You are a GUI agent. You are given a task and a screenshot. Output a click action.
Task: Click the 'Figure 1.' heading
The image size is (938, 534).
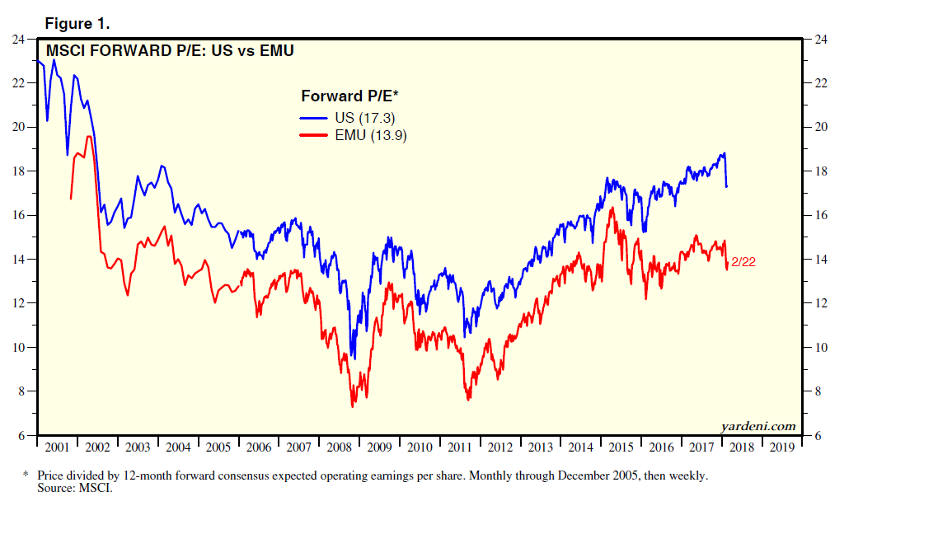click(x=77, y=24)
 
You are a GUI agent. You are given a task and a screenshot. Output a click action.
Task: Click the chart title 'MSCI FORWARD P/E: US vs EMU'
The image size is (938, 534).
click(x=171, y=51)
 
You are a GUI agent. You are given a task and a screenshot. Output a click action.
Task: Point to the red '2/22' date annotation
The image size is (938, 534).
click(x=743, y=261)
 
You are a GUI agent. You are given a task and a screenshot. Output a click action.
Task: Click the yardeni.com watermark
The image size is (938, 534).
click(x=757, y=426)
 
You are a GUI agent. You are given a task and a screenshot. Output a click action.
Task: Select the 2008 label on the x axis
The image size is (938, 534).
click(x=338, y=447)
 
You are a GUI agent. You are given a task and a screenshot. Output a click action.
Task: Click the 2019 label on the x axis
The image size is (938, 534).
click(x=781, y=447)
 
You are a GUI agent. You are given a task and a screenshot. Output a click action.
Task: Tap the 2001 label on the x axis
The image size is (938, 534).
click(x=57, y=447)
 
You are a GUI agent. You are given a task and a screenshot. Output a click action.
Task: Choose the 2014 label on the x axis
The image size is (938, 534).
click(x=579, y=447)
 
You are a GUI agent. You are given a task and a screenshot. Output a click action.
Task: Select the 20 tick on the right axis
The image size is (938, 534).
click(x=821, y=128)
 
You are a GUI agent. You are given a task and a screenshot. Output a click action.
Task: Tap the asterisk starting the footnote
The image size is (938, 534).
click(x=26, y=475)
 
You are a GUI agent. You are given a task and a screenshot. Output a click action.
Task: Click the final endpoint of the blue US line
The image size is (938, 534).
click(x=726, y=186)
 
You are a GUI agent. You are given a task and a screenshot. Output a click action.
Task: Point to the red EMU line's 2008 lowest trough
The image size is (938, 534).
click(x=353, y=405)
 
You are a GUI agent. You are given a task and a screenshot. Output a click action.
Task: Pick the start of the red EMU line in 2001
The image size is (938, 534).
click(x=71, y=199)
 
